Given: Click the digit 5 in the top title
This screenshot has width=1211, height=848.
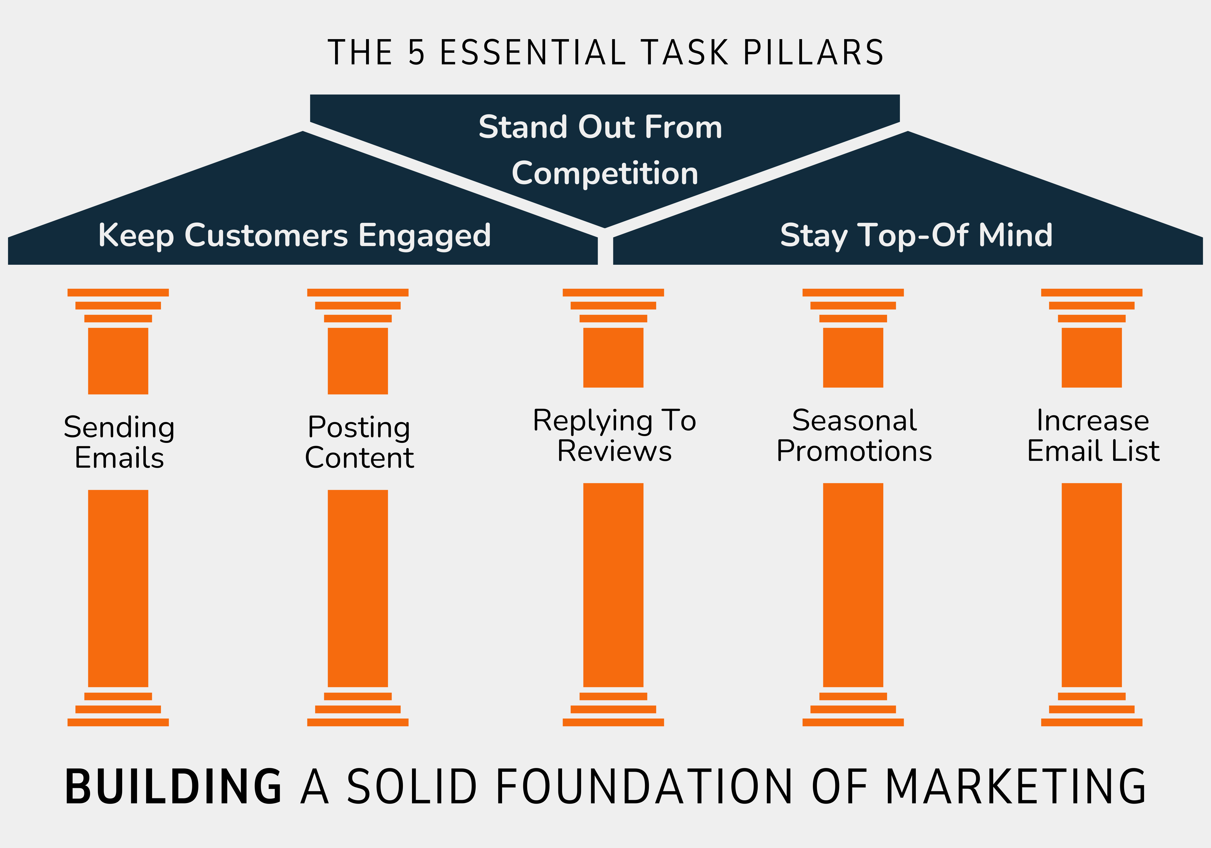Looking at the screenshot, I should (416, 53).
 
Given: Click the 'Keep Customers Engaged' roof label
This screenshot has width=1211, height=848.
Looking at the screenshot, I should (294, 235).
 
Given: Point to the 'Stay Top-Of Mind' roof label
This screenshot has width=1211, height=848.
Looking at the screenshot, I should (916, 235).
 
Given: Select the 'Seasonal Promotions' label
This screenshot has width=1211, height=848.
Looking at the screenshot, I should (854, 436).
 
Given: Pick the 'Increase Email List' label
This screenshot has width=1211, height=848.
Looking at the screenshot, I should (1093, 436).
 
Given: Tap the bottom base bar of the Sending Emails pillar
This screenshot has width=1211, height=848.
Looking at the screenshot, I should (118, 722).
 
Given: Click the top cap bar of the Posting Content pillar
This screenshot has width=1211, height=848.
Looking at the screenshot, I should (357, 292).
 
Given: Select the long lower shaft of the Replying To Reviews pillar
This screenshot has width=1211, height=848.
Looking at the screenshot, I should (613, 585).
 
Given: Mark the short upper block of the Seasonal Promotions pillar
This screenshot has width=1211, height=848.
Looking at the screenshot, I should (853, 357).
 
